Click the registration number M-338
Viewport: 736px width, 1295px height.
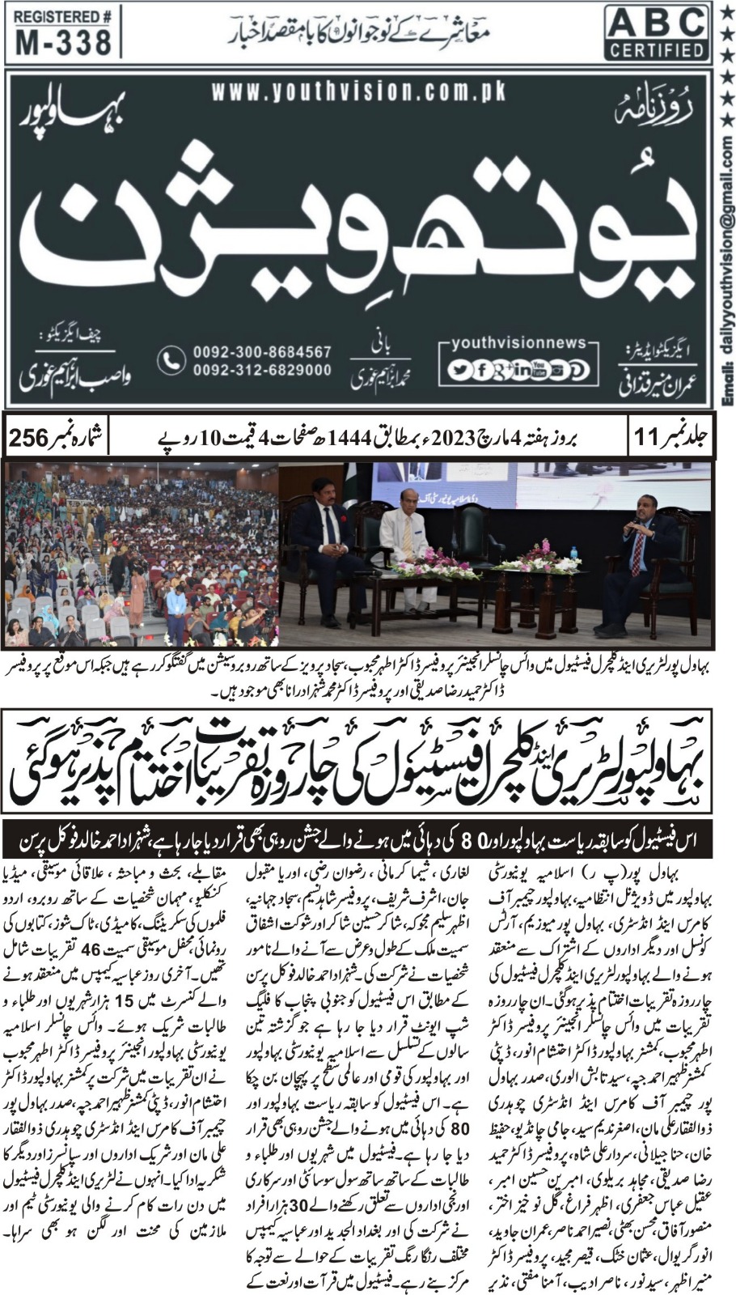click(62, 42)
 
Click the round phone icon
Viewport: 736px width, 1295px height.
click(171, 361)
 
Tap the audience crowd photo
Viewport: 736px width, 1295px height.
click(141, 554)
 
